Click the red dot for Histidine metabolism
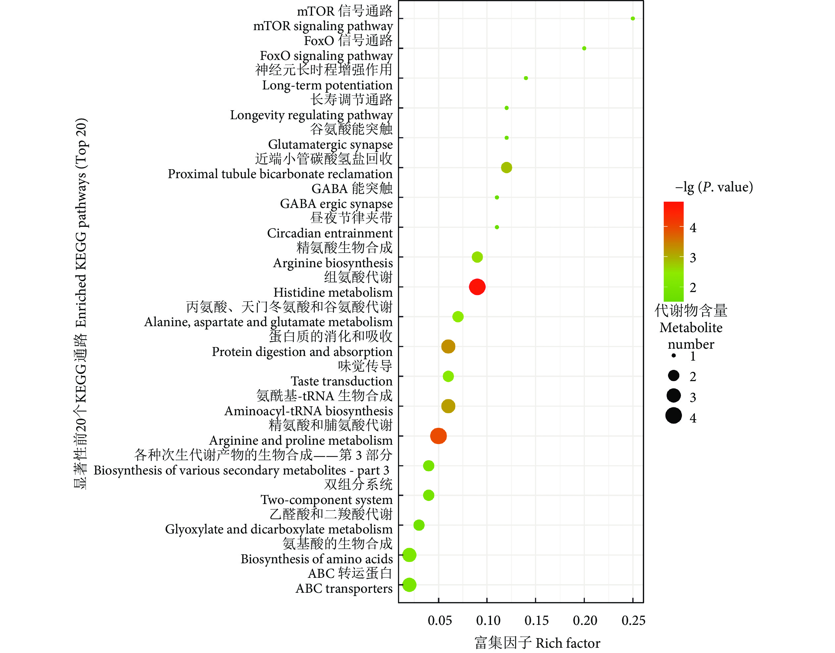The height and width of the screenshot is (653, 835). pos(477,287)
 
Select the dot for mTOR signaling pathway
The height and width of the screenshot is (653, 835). pos(633,18)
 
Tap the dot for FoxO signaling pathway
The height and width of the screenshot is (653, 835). pos(584,48)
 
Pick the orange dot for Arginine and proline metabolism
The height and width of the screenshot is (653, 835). pos(438,436)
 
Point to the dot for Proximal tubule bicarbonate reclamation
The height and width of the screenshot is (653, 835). pos(506,168)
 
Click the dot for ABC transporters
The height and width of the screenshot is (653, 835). pos(409,584)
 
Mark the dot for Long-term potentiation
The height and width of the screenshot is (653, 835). pos(526,78)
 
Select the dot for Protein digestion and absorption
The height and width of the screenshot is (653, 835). pos(448,346)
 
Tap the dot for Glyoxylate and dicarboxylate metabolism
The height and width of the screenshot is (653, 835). pos(419,525)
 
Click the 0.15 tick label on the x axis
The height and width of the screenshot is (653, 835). pos(536,620)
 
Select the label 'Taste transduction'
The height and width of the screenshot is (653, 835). pos(342,381)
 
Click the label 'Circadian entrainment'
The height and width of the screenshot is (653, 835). pos(330,233)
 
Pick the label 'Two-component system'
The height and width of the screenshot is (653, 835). pos(327,500)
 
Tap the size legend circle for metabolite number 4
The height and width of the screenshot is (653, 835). pos(674,416)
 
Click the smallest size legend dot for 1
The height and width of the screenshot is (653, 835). pos(674,356)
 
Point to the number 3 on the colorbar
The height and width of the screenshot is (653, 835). pos(693,258)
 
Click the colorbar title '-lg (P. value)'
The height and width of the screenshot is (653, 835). pos(714,187)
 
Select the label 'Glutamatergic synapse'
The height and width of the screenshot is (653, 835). pos(330,144)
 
